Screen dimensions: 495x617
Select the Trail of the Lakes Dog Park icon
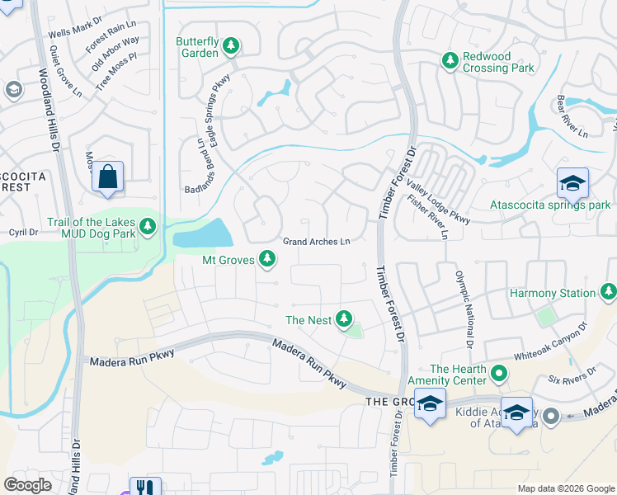coord(148,225)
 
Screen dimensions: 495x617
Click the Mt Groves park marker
coord(266,260)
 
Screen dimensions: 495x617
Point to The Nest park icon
coord(343,319)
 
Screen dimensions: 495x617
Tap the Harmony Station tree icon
coord(608,292)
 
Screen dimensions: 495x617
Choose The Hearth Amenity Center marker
coord(498,374)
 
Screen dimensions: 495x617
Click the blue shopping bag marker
coord(107,177)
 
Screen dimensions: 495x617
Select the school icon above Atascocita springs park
coord(572,182)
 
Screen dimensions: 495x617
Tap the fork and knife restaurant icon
coord(145,488)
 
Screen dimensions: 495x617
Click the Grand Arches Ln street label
coord(317,242)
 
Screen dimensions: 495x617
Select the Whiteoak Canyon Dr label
coord(550,342)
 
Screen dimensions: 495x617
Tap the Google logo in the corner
coord(28,485)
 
